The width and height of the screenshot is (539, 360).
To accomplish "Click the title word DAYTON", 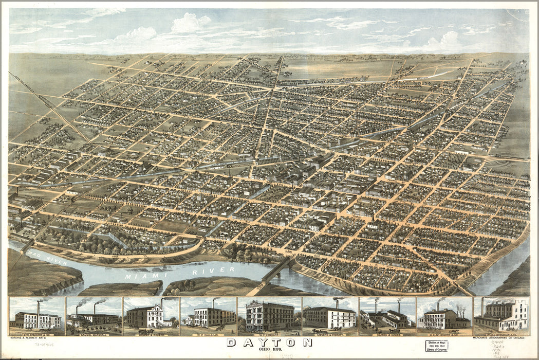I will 269,342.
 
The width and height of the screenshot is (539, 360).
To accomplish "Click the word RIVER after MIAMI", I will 218,270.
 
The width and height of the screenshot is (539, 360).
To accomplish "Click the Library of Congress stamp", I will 433,345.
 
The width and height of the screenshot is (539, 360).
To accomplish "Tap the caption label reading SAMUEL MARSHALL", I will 94,332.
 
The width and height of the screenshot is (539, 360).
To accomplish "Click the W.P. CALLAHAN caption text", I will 208,332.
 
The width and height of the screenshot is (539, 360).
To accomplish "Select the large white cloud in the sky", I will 190,23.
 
